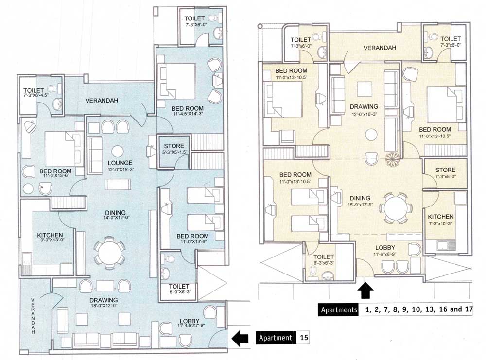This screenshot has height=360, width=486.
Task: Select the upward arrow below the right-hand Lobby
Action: point(365,291)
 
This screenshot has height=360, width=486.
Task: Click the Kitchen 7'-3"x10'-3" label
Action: point(441,220)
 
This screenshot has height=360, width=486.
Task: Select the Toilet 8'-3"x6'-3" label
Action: point(324,260)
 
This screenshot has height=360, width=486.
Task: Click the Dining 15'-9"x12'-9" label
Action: point(359,201)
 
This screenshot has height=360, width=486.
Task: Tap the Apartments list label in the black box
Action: point(338,309)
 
